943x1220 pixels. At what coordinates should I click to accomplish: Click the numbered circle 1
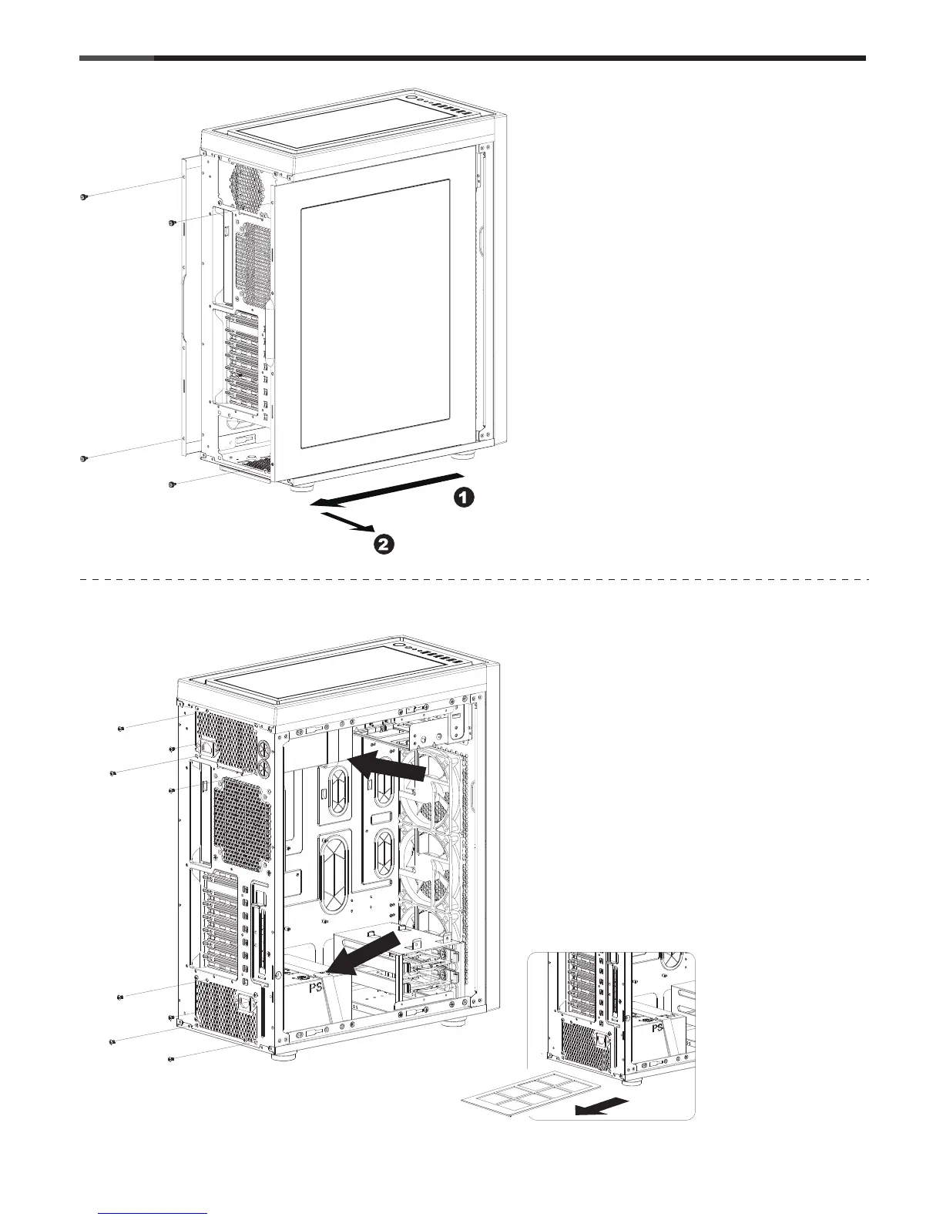463,498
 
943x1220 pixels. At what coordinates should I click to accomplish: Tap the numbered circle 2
384,545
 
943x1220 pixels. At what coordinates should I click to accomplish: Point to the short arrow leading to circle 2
346,524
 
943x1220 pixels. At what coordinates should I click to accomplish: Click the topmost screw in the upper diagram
83,197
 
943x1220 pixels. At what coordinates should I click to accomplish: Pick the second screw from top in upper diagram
172,223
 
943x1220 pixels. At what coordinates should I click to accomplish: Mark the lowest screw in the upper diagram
172,485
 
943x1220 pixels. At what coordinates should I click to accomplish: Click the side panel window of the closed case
374,314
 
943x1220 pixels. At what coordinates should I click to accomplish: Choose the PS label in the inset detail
658,1027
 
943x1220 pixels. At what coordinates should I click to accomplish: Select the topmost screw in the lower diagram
122,729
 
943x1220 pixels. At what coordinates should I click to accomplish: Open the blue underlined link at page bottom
153,1212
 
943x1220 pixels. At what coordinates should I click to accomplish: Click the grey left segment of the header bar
116,58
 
